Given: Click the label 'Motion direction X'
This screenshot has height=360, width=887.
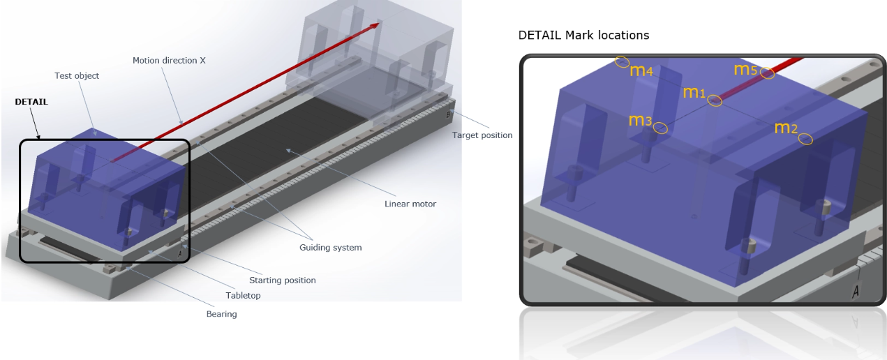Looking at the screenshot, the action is (169, 61).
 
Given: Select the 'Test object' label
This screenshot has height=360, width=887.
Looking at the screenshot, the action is (77, 76).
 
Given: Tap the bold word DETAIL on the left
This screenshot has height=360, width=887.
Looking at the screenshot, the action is (31, 102).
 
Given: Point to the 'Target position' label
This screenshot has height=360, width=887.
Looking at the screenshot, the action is (482, 135).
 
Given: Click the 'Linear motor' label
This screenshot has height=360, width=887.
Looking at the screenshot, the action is (410, 204).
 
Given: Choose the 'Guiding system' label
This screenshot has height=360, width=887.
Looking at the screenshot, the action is (330, 248).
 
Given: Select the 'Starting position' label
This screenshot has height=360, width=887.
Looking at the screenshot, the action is (283, 280).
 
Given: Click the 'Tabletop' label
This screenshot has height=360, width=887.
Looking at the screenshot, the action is (243, 295).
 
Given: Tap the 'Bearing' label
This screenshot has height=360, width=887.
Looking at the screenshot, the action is (221, 315).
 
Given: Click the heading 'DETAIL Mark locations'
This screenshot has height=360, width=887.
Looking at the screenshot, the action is (583, 36).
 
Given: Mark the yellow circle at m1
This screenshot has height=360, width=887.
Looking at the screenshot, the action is (715, 100).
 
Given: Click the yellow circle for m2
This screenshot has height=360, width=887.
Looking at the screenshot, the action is (805, 139).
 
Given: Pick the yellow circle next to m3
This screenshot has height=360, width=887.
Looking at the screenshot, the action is (660, 128).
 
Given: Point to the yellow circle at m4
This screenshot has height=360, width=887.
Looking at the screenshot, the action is (622, 62).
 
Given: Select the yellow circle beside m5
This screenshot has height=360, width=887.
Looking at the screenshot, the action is (768, 73).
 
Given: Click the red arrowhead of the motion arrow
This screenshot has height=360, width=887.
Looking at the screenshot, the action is (374, 26).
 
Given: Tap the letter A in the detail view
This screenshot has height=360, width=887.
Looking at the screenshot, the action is (856, 292).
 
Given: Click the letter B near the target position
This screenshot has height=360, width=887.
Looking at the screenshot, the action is (448, 115).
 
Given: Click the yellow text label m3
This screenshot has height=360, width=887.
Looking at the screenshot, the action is (641, 120).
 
